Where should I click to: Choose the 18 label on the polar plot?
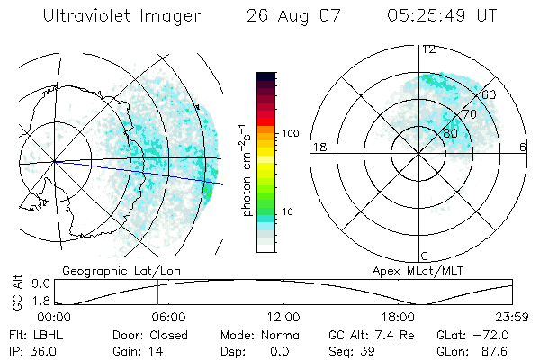point(318,147)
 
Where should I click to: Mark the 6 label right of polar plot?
point(523,147)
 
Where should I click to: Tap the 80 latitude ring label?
point(451,134)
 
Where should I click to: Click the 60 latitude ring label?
point(489,94)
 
